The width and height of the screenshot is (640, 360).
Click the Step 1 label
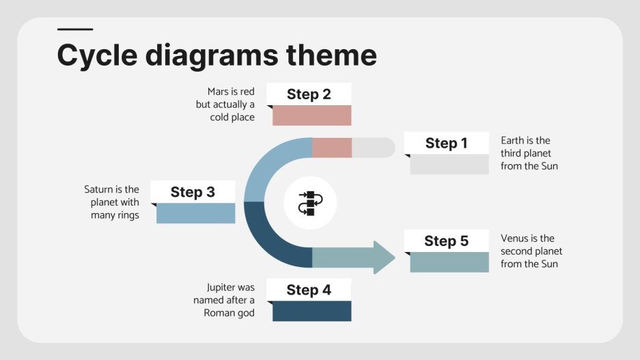click(x=446, y=143)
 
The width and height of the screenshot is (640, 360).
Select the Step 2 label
click(x=309, y=94)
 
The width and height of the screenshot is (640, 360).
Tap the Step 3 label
click(x=193, y=192)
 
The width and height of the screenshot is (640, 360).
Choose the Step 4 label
click(x=309, y=290)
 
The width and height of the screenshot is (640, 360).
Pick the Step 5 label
click(x=446, y=240)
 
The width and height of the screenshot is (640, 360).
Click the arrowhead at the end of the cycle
click(x=385, y=258)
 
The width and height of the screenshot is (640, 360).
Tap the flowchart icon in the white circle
click(x=310, y=203)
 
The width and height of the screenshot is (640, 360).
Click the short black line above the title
click(x=75, y=29)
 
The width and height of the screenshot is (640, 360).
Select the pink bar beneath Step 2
click(x=311, y=115)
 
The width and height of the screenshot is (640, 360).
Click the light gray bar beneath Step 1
click(x=449, y=165)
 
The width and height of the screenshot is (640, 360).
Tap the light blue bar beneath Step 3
click(x=195, y=213)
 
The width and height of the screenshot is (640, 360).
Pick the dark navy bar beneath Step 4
click(x=311, y=311)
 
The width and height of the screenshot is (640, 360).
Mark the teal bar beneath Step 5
click(x=449, y=262)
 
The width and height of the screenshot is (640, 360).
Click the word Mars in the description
click(x=219, y=92)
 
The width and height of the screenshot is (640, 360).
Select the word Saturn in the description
click(x=100, y=189)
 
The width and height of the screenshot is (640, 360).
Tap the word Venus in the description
click(x=514, y=238)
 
